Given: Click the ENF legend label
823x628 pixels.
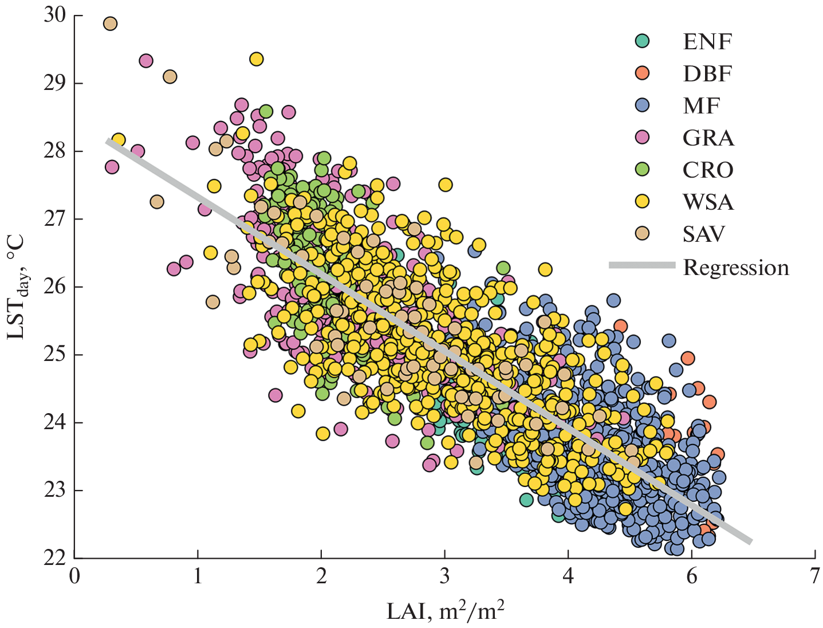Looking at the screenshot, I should click(707, 42).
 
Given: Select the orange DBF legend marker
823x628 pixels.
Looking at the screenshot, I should click(643, 73).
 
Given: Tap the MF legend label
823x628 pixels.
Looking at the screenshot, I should click(702, 106).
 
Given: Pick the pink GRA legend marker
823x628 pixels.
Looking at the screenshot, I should click(643, 138).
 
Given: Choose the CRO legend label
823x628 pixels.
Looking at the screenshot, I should click(708, 170).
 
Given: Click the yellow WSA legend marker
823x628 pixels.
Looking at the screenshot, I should click(643, 202).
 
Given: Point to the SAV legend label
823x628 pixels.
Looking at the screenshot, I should click(704, 234).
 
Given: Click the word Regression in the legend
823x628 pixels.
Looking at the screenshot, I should click(736, 268).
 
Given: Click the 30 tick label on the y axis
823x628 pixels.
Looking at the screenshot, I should click(55, 15).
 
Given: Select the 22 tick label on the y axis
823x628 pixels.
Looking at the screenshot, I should click(55, 557).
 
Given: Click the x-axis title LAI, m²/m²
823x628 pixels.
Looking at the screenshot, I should click(445, 611).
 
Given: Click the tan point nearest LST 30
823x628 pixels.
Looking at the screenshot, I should click(110, 23).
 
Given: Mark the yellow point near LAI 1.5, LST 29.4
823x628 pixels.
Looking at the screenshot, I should click(257, 59).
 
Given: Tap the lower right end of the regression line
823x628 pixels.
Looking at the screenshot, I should click(749, 540).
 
